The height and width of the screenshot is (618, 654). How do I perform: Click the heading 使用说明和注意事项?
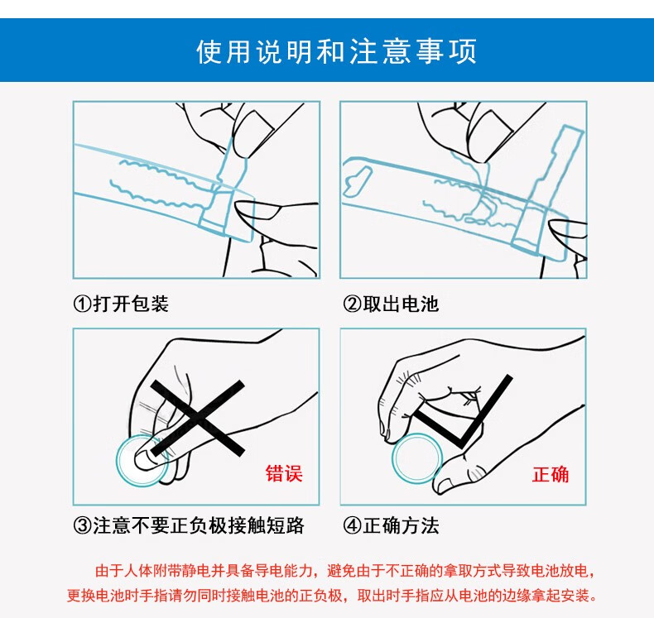(x=336, y=51)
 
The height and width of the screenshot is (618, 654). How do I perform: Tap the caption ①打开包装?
(x=121, y=304)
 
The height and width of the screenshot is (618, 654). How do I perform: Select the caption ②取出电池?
(x=391, y=304)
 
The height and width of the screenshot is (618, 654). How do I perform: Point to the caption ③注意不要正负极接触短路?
(x=189, y=525)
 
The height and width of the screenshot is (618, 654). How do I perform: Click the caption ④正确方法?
(x=391, y=525)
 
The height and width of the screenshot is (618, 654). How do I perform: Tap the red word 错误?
(x=284, y=473)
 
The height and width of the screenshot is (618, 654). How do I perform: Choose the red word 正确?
(x=551, y=474)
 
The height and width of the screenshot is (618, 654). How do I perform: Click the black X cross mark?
(x=198, y=418)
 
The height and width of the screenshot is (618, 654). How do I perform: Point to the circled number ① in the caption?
(x=82, y=304)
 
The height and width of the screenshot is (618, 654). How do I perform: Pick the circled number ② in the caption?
(x=352, y=304)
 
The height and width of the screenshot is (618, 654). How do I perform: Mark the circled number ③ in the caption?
(x=82, y=526)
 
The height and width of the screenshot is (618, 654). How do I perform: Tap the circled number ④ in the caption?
(x=352, y=526)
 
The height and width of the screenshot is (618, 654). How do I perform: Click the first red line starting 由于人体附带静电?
(x=344, y=571)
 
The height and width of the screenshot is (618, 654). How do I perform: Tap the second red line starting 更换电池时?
(x=332, y=595)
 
